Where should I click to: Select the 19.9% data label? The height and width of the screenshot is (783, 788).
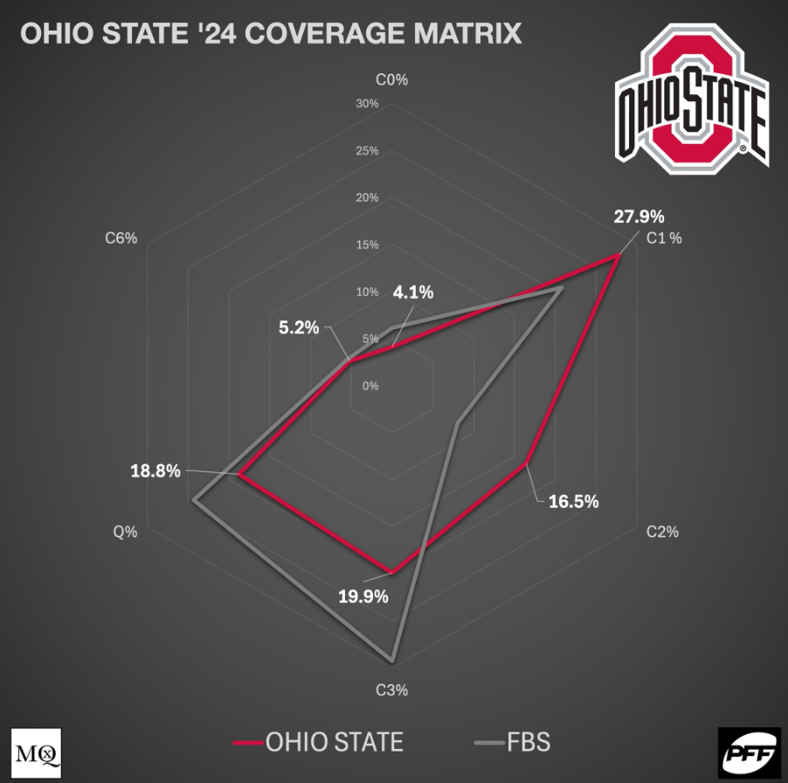click(x=363, y=597)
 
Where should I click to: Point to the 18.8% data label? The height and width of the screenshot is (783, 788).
click(x=155, y=471)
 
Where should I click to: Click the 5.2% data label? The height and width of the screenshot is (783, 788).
click(x=299, y=328)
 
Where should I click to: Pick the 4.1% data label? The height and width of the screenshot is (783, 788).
click(x=413, y=293)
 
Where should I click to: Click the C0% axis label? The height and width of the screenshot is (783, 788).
click(x=392, y=79)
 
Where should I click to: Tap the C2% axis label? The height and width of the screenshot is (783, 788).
click(x=661, y=532)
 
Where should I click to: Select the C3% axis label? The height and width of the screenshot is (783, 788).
click(x=392, y=690)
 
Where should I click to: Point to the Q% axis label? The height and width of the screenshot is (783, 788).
click(x=125, y=532)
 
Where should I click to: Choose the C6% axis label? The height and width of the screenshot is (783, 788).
click(x=121, y=237)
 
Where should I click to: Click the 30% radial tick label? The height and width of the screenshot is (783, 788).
click(x=367, y=104)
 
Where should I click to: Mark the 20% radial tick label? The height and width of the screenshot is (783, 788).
click(x=367, y=198)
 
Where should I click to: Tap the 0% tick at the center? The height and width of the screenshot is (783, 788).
click(x=371, y=386)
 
